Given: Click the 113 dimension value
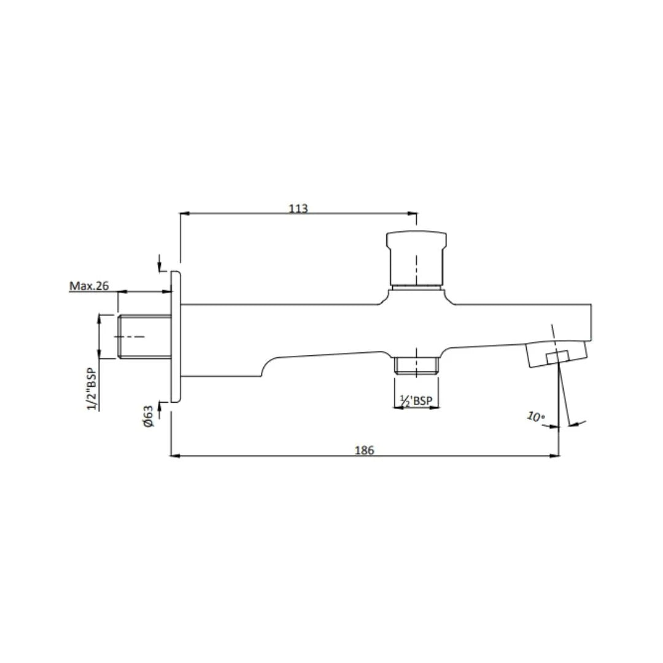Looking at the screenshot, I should point(298,208).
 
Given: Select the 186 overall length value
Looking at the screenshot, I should point(364,450).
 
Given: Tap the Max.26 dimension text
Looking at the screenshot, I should point(89,285).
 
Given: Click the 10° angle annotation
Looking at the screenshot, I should point(535,417).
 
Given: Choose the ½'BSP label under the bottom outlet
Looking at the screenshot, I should point(416,400).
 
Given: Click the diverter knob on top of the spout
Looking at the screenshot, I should point(416,258).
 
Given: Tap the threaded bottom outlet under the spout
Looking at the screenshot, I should point(416,365).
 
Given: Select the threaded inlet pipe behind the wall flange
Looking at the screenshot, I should point(143,336).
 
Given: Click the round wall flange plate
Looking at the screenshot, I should point(176,336).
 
